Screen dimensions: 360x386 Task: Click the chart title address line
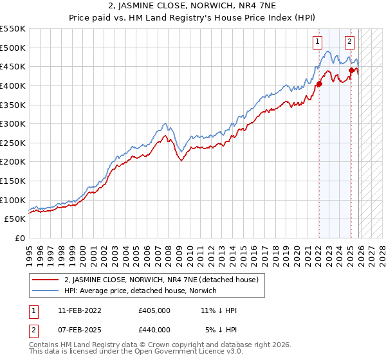click(x=193, y=6)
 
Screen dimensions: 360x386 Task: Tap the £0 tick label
click(x=19, y=238)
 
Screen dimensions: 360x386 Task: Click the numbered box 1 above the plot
click(x=318, y=42)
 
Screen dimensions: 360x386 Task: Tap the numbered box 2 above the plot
click(x=349, y=42)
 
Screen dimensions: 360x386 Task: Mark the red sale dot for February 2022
click(x=319, y=84)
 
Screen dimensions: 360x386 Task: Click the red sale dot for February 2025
click(x=351, y=71)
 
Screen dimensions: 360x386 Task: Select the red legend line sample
click(x=46, y=280)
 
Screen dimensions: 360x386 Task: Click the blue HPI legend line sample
click(x=46, y=291)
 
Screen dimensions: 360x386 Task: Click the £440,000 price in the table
click(x=154, y=329)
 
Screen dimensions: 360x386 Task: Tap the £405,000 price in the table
click(x=154, y=310)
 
